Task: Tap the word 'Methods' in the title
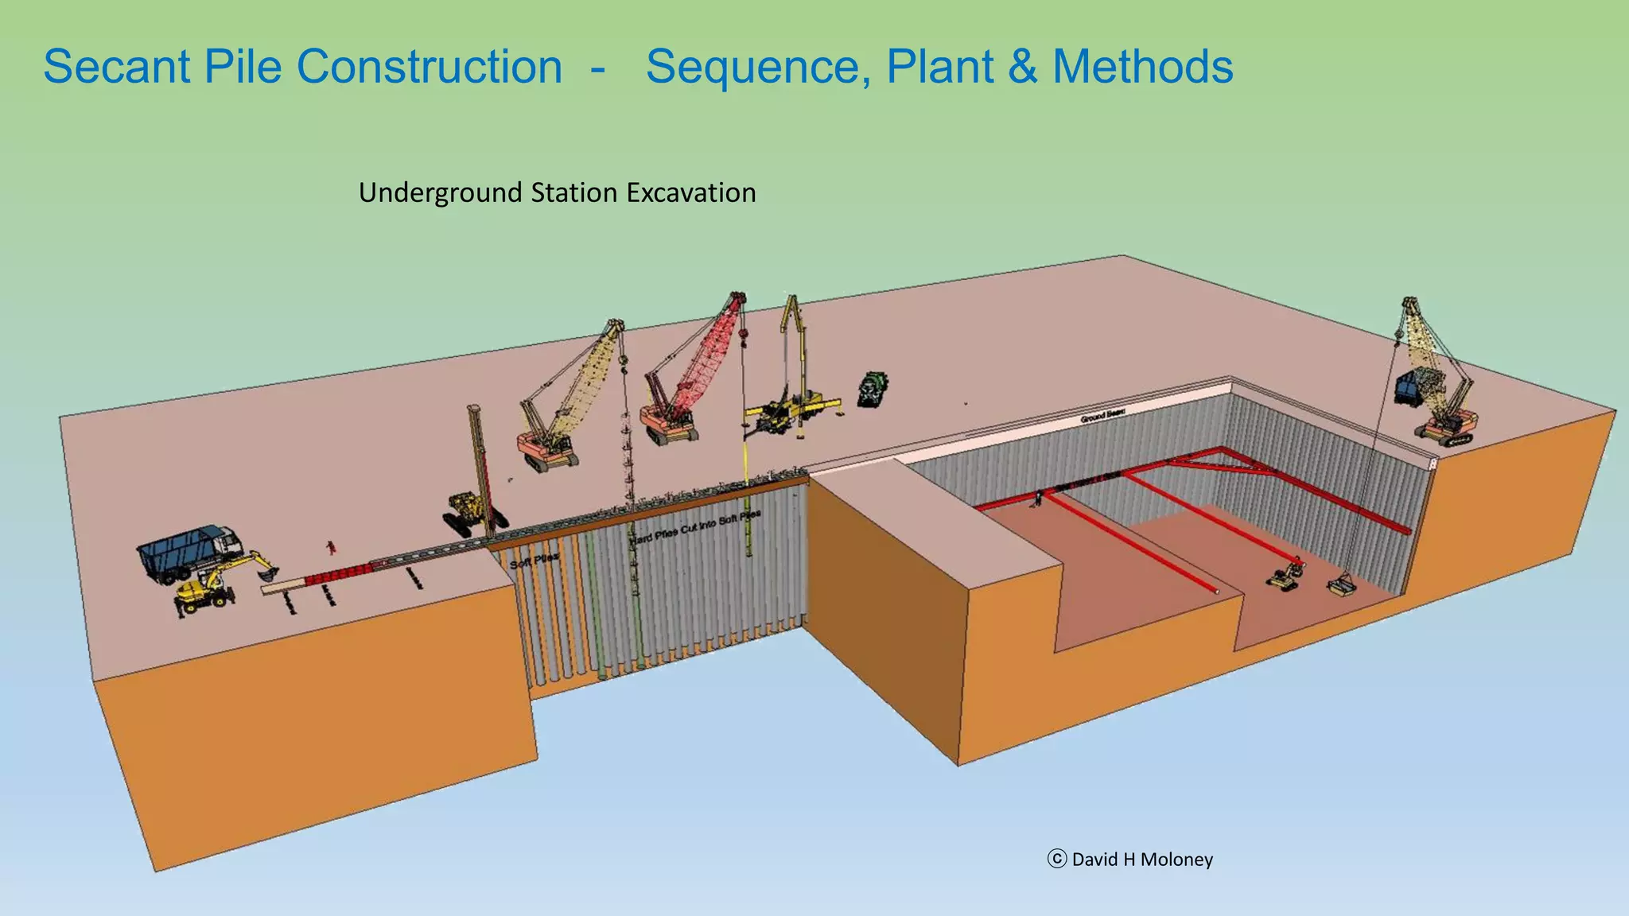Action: tap(1142, 67)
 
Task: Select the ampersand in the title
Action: tap(1022, 67)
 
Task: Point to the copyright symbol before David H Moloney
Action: tap(1056, 859)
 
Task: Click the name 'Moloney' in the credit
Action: tap(1176, 860)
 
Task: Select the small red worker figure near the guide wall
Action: tap(330, 547)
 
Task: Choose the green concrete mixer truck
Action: tap(873, 390)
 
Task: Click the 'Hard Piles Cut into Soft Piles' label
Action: tap(694, 527)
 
